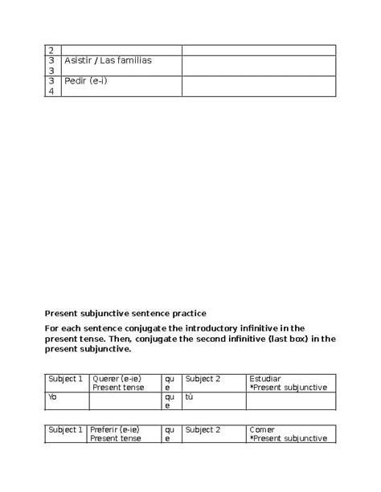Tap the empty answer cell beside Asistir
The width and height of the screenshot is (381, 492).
point(258,66)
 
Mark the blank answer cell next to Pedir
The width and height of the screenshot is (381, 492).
point(258,86)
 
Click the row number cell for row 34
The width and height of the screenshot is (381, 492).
point(51,86)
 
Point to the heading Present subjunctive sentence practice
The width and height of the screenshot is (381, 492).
point(125,313)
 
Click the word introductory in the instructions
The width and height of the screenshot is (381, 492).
point(247,328)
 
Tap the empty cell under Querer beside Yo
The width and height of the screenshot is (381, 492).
point(125,401)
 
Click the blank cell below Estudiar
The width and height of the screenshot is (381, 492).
point(290,401)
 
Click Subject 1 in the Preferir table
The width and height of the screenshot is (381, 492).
point(65,429)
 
